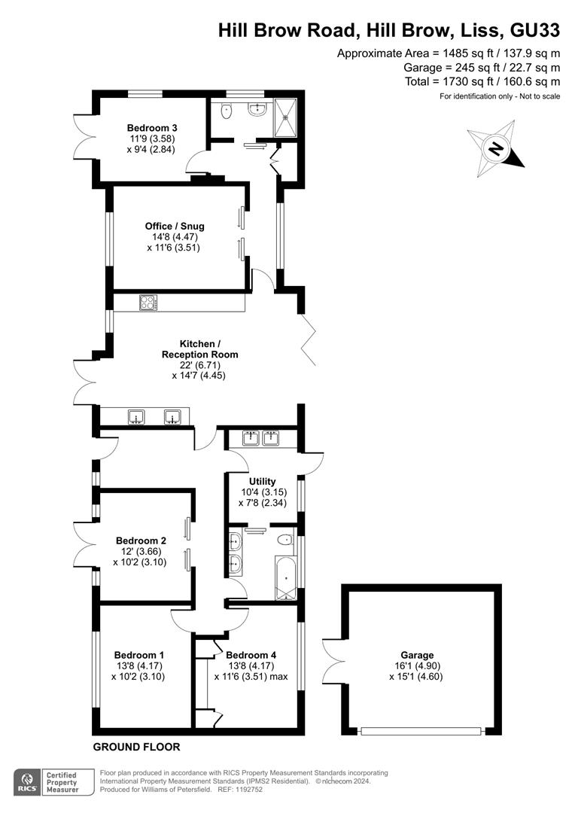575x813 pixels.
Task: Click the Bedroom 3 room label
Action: (x=153, y=127)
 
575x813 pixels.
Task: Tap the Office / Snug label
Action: (x=175, y=226)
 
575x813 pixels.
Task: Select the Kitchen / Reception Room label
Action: (x=199, y=349)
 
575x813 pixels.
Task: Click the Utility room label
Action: (x=263, y=481)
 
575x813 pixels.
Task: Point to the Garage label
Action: (x=417, y=656)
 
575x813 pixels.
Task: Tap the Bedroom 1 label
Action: (x=139, y=655)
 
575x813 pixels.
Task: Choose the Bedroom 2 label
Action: (x=141, y=540)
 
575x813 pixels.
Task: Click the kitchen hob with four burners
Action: (x=148, y=303)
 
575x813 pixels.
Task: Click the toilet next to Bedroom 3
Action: (x=226, y=111)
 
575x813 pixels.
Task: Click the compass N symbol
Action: (x=496, y=149)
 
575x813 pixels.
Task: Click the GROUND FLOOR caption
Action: (x=136, y=747)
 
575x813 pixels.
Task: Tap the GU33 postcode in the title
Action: (x=535, y=31)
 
